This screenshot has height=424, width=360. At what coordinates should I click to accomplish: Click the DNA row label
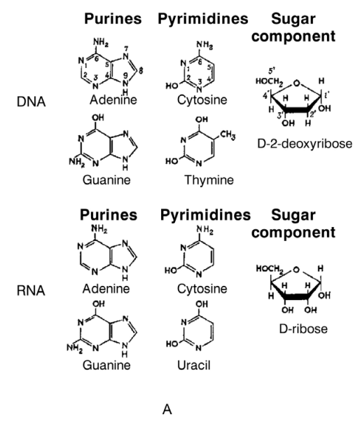31,102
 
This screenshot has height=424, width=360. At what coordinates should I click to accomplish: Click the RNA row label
31,291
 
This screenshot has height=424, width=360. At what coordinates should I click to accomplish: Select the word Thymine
209,180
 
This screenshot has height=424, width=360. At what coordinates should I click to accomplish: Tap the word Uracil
193,365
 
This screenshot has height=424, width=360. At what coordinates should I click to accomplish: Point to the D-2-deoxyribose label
305,144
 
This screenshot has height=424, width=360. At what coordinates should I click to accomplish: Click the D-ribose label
303,329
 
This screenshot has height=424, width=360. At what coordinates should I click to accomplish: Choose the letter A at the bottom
167,409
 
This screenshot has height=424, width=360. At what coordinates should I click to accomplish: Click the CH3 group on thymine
228,135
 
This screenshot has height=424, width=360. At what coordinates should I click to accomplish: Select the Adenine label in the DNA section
113,100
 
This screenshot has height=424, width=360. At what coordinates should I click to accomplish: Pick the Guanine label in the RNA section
106,365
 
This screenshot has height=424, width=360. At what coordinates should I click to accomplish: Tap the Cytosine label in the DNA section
202,100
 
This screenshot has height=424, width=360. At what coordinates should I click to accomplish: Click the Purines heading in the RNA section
109,215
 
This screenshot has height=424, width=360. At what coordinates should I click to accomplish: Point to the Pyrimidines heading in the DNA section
202,19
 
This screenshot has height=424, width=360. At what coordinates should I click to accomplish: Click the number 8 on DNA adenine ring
141,71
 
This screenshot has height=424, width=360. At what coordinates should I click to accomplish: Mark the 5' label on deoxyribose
272,71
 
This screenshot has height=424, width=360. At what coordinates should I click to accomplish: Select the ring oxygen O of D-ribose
296,270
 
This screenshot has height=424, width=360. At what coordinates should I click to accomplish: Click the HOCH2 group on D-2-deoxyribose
270,82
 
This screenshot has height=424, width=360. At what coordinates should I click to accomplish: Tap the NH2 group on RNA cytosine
205,231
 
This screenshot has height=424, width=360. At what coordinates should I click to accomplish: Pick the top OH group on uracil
202,304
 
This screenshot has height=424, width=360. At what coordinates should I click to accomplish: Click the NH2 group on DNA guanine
76,162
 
